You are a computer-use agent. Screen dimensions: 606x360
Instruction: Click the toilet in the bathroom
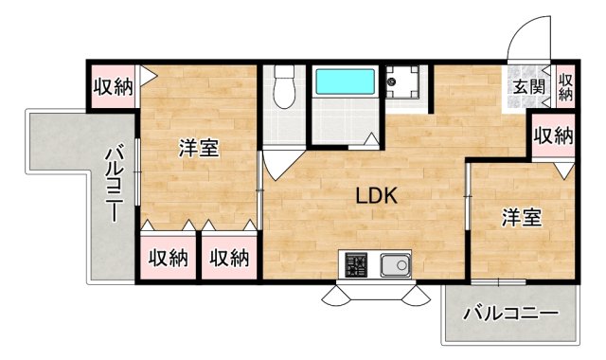pyautogui.click(x=284, y=86)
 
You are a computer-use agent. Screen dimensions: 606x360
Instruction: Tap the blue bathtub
pyautogui.click(x=345, y=81)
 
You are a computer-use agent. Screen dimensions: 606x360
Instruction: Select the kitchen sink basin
pyautogui.click(x=396, y=265)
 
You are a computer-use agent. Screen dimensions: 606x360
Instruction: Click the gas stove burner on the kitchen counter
pyautogui.click(x=356, y=265)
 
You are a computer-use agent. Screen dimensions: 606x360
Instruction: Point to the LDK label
pyautogui.click(x=376, y=196)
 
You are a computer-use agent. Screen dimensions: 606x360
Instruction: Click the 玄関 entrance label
pyautogui.click(x=528, y=88)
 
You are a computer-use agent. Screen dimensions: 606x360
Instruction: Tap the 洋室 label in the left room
pyautogui.click(x=199, y=148)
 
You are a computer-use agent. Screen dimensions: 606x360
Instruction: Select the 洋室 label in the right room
pyautogui.click(x=522, y=217)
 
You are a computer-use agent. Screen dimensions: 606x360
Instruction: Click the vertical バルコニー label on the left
pyautogui.click(x=114, y=183)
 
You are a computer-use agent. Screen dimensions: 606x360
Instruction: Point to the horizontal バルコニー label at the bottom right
pyautogui.click(x=511, y=313)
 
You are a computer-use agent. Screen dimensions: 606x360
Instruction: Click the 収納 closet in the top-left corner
pyautogui.click(x=113, y=86)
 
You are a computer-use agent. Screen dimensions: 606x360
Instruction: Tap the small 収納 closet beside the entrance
pyautogui.click(x=565, y=88)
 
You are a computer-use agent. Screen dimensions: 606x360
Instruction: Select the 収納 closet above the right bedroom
pyautogui.click(x=553, y=135)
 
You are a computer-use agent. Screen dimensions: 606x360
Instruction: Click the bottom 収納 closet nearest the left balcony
pyautogui.click(x=169, y=257)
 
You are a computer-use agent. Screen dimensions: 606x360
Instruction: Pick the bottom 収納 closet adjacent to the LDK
pyautogui.click(x=229, y=257)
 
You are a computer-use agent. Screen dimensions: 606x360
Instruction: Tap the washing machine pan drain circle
pyautogui.click(x=392, y=81)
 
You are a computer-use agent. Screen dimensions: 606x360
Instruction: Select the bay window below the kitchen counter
pyautogui.click(x=376, y=294)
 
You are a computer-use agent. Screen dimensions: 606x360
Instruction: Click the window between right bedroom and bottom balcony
pyautogui.click(x=499, y=282)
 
